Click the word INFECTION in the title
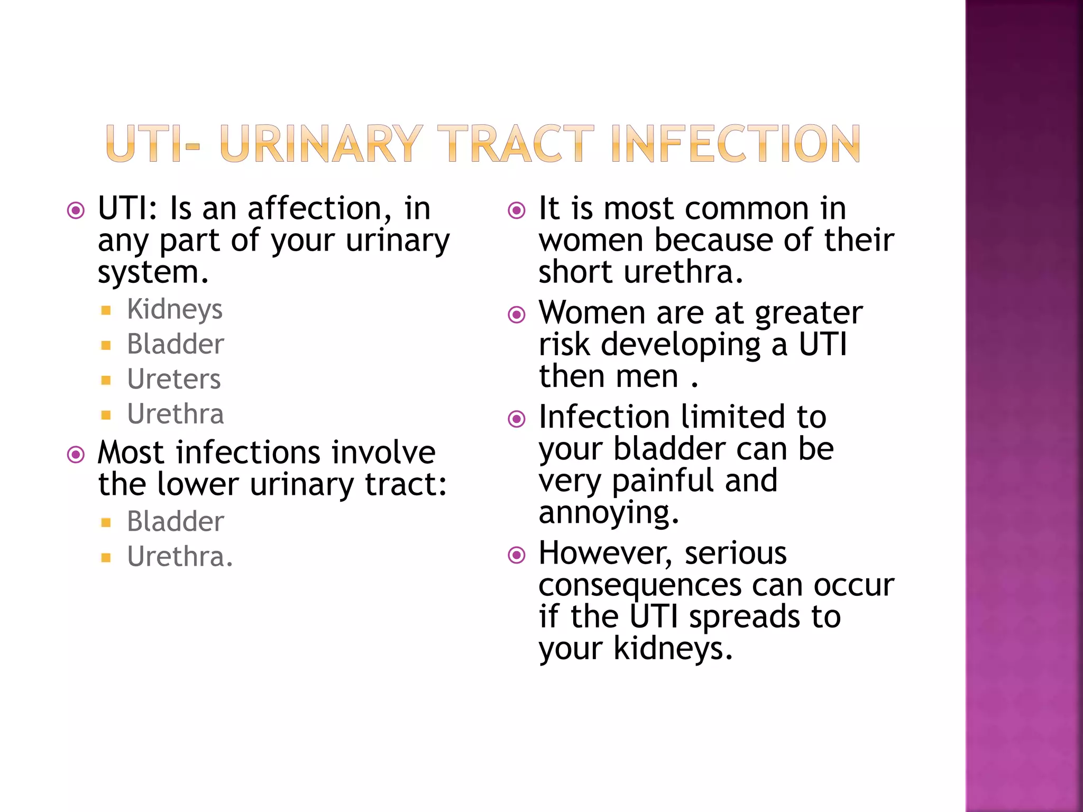[736, 143]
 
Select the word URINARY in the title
[321, 143]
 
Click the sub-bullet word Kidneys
[175, 309]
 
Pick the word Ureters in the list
[174, 379]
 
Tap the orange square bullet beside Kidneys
[106, 310]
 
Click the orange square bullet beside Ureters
[106, 380]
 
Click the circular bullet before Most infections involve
[76, 455]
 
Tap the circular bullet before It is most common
[517, 210]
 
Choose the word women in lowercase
[591, 241]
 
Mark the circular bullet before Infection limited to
[517, 419]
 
